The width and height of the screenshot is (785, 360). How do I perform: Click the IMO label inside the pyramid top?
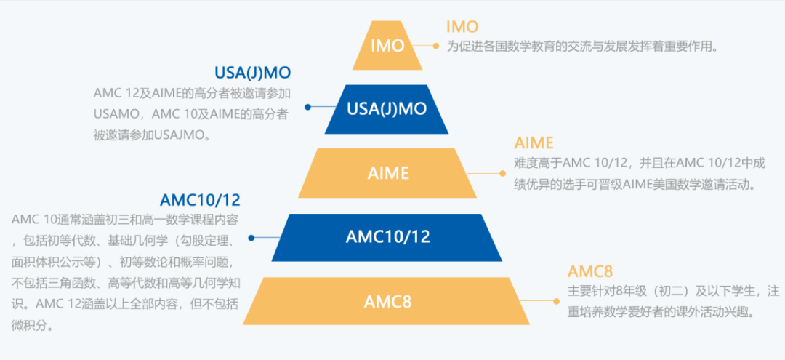click(x=387, y=46)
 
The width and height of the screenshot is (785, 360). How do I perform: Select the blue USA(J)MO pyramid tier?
click(x=387, y=109)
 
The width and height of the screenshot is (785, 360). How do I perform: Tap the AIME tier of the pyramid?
click(x=387, y=173)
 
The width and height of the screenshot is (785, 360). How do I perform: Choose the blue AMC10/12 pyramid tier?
click(x=387, y=237)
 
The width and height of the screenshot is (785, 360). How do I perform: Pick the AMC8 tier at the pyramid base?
click(x=387, y=301)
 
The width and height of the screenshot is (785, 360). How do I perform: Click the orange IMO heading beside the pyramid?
click(x=462, y=27)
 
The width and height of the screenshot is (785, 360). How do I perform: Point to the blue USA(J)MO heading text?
click(x=252, y=73)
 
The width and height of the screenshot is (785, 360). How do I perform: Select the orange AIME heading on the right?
click(x=534, y=143)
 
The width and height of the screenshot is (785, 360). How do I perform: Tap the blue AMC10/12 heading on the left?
click(x=200, y=199)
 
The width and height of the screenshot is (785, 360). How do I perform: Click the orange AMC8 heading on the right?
click(x=590, y=271)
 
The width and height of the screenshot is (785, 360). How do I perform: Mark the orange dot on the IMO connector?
click(x=436, y=46)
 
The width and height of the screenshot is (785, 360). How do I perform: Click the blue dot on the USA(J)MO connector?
click(x=307, y=107)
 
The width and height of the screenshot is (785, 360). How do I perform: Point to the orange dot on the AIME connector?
click(x=502, y=173)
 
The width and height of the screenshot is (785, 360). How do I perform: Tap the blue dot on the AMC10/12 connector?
click(x=251, y=237)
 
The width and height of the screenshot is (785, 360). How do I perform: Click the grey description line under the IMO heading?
click(x=581, y=47)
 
